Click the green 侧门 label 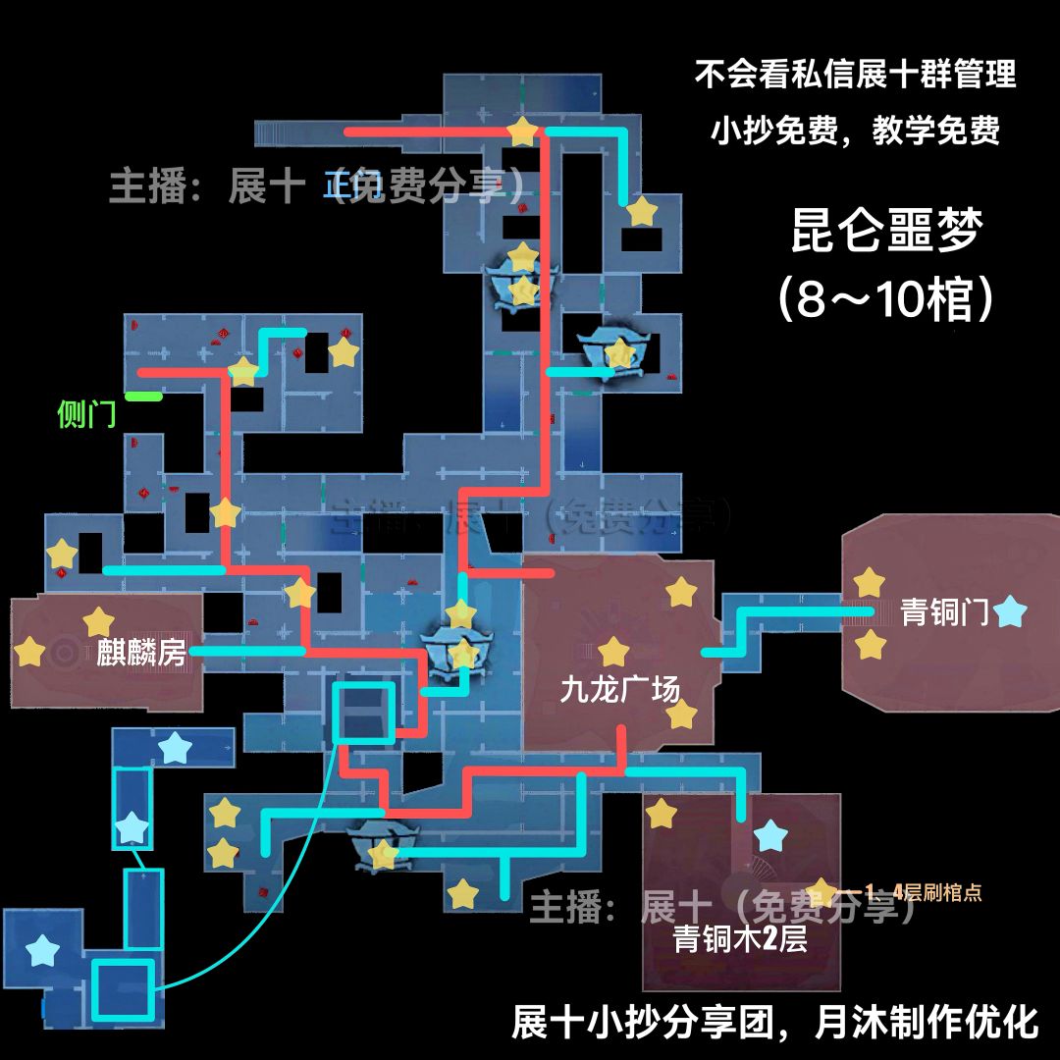86,415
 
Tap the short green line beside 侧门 143,397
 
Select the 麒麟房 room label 141,652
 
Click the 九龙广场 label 619,690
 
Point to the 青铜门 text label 944,612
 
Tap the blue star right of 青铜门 1009,613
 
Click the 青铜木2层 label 740,939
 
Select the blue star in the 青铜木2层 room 770,837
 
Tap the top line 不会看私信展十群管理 855,75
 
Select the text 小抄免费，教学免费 855,131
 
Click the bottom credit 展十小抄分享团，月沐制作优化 774,1022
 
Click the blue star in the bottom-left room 41,950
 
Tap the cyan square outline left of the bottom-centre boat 363,713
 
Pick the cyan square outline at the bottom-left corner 124,989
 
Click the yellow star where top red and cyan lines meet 522,131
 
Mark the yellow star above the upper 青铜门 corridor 869,582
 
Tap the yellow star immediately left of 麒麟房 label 97,621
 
